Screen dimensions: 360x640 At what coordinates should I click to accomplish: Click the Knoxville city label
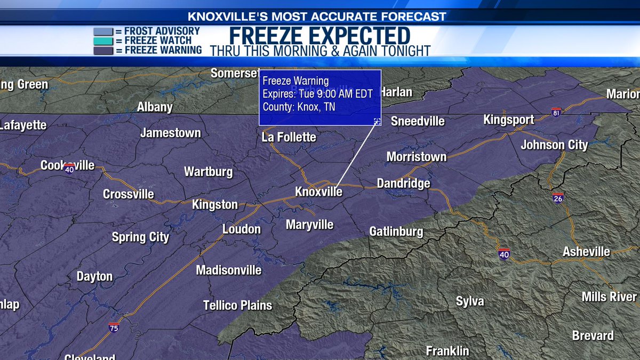point(318,191)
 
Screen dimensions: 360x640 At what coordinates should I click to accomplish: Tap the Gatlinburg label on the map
point(396,231)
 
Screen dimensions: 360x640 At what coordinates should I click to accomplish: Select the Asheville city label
point(586,251)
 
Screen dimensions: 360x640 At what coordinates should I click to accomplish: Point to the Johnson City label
point(554,145)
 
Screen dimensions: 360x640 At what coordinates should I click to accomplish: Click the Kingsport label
point(508,119)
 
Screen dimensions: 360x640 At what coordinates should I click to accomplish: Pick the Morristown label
point(416,157)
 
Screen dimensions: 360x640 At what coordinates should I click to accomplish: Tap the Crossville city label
point(129,194)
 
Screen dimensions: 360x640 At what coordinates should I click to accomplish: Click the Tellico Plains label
point(237,306)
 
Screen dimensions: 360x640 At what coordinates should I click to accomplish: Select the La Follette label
point(289,138)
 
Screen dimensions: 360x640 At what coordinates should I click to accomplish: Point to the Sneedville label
point(418,121)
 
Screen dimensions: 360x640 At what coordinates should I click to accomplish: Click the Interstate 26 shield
point(558,198)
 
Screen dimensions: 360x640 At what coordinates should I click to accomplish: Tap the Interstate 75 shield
point(114,327)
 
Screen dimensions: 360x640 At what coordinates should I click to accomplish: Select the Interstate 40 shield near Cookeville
point(69,169)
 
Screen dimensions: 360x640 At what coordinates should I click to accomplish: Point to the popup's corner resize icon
point(377,122)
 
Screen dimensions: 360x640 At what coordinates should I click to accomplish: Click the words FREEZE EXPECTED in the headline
point(320,36)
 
